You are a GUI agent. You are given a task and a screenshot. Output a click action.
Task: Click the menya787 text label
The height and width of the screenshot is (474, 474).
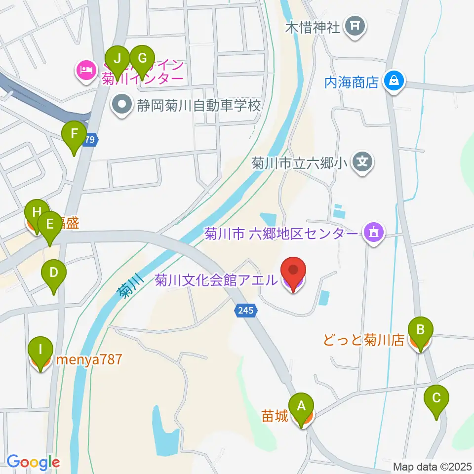pyautogui.click(x=89, y=359)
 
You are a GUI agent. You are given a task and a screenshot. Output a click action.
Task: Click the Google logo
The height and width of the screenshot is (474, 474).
pyautogui.click(x=33, y=463)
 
